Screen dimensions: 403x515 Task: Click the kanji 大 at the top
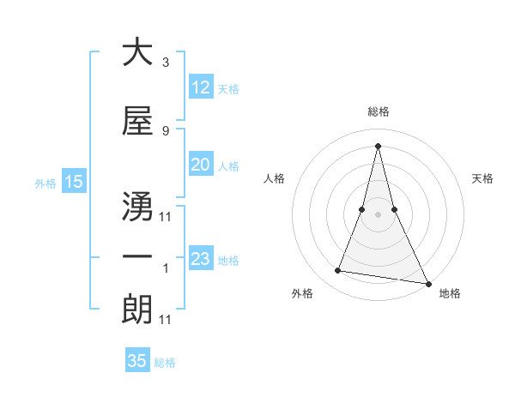coord(137,52)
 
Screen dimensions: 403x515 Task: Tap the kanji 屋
coord(137,123)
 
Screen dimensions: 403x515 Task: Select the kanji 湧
coord(137,200)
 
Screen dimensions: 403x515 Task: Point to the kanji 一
coord(137,257)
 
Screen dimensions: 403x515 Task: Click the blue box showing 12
coord(200,87)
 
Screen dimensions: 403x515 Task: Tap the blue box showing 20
coord(200,165)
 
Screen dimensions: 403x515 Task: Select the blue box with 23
coord(200,259)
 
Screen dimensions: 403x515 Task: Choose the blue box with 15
coord(74,182)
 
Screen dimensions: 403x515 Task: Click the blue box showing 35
coord(137,361)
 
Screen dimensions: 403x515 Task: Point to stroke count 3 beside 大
coord(165,63)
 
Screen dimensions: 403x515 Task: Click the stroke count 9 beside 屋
coord(165,131)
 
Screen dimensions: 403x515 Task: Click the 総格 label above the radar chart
coord(378,111)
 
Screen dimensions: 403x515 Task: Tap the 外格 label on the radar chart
coord(302,293)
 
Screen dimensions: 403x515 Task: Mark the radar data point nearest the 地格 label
coord(427,283)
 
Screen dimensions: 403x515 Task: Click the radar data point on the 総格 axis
coord(378,145)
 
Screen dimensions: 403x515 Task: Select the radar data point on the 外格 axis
coord(338,271)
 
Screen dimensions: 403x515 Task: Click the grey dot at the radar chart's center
coord(378,214)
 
